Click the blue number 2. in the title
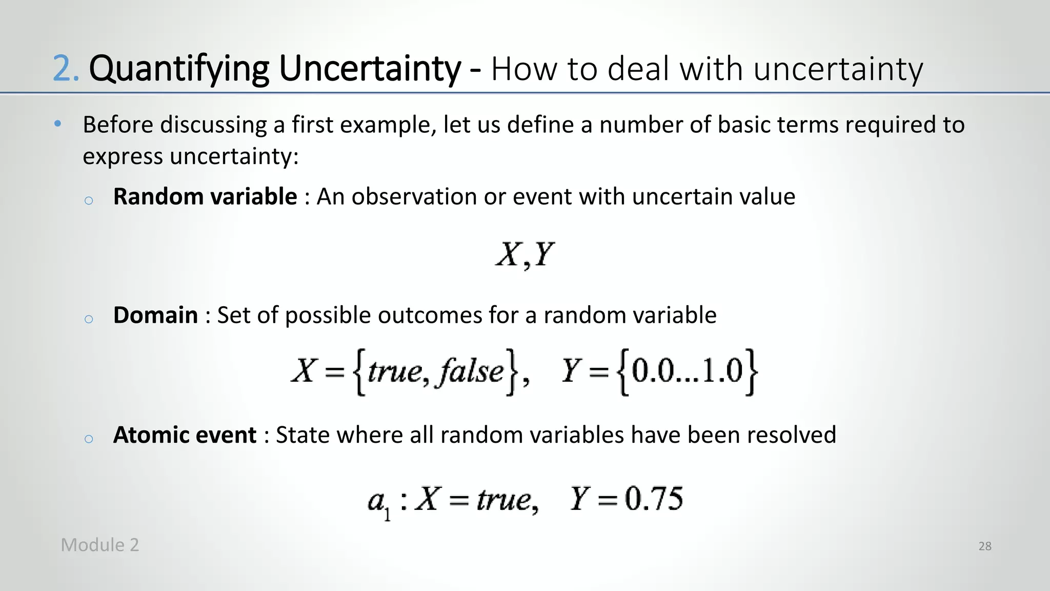66,69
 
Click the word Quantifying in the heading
178,69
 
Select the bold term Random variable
205,196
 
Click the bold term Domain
155,315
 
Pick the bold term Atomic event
185,435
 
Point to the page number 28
984,546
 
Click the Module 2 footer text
99,545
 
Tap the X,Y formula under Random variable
524,254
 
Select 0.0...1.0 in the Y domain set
687,371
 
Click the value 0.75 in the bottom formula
654,499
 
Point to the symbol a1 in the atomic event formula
379,502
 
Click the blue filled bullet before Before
58,124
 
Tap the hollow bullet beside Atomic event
88,438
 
